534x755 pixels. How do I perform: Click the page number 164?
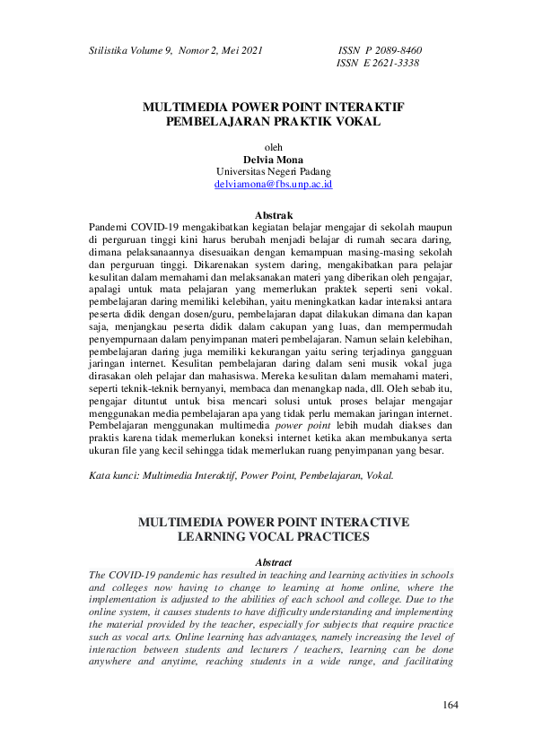pyautogui.click(x=451, y=705)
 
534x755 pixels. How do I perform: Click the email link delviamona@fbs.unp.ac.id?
pyautogui.click(x=274, y=183)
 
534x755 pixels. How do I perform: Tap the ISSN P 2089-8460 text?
pyautogui.click(x=379, y=50)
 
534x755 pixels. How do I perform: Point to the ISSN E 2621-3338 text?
pyautogui.click(x=377, y=64)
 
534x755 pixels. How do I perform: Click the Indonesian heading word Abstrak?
pyautogui.click(x=274, y=216)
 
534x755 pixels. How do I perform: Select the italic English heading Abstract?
pyautogui.click(x=274, y=561)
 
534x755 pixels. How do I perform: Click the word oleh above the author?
pyautogui.click(x=274, y=146)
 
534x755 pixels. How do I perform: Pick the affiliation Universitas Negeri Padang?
pyautogui.click(x=274, y=170)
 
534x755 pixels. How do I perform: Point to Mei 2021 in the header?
pyautogui.click(x=243, y=50)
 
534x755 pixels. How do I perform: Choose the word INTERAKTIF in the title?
pyautogui.click(x=360, y=106)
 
